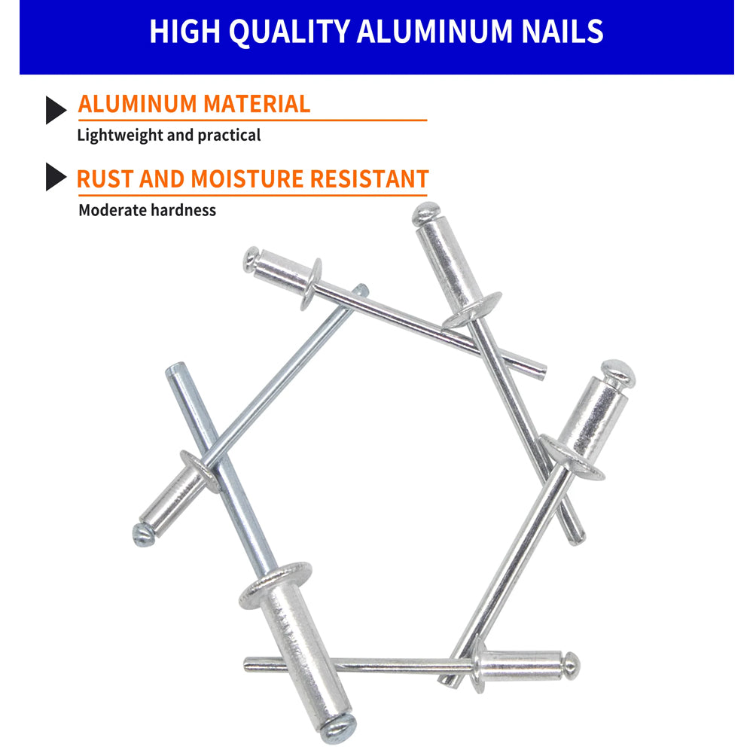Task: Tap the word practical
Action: click(229, 136)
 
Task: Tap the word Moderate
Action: click(112, 210)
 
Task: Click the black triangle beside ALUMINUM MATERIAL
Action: click(56, 110)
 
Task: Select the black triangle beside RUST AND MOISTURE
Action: click(56, 177)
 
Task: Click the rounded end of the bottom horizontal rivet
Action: click(572, 663)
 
